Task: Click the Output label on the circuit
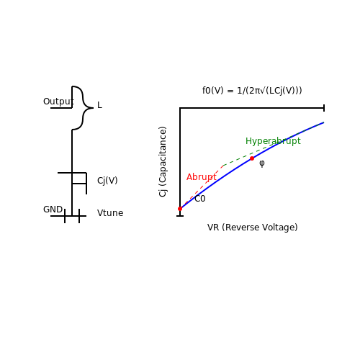(58, 102)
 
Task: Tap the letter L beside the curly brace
(99, 105)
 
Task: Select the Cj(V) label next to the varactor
(107, 181)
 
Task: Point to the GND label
(53, 210)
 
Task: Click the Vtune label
(110, 213)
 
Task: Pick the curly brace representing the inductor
(83, 108)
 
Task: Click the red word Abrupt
(202, 177)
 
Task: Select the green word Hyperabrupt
(273, 141)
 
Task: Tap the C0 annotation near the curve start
(200, 199)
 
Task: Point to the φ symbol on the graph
(262, 163)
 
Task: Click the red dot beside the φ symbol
(252, 158)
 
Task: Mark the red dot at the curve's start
(180, 209)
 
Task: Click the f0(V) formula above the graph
(252, 91)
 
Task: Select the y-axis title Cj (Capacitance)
(163, 162)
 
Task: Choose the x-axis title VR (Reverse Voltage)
(253, 228)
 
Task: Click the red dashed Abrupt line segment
(202, 187)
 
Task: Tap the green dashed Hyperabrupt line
(274, 144)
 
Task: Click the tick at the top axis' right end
(324, 108)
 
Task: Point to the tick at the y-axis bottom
(180, 216)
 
